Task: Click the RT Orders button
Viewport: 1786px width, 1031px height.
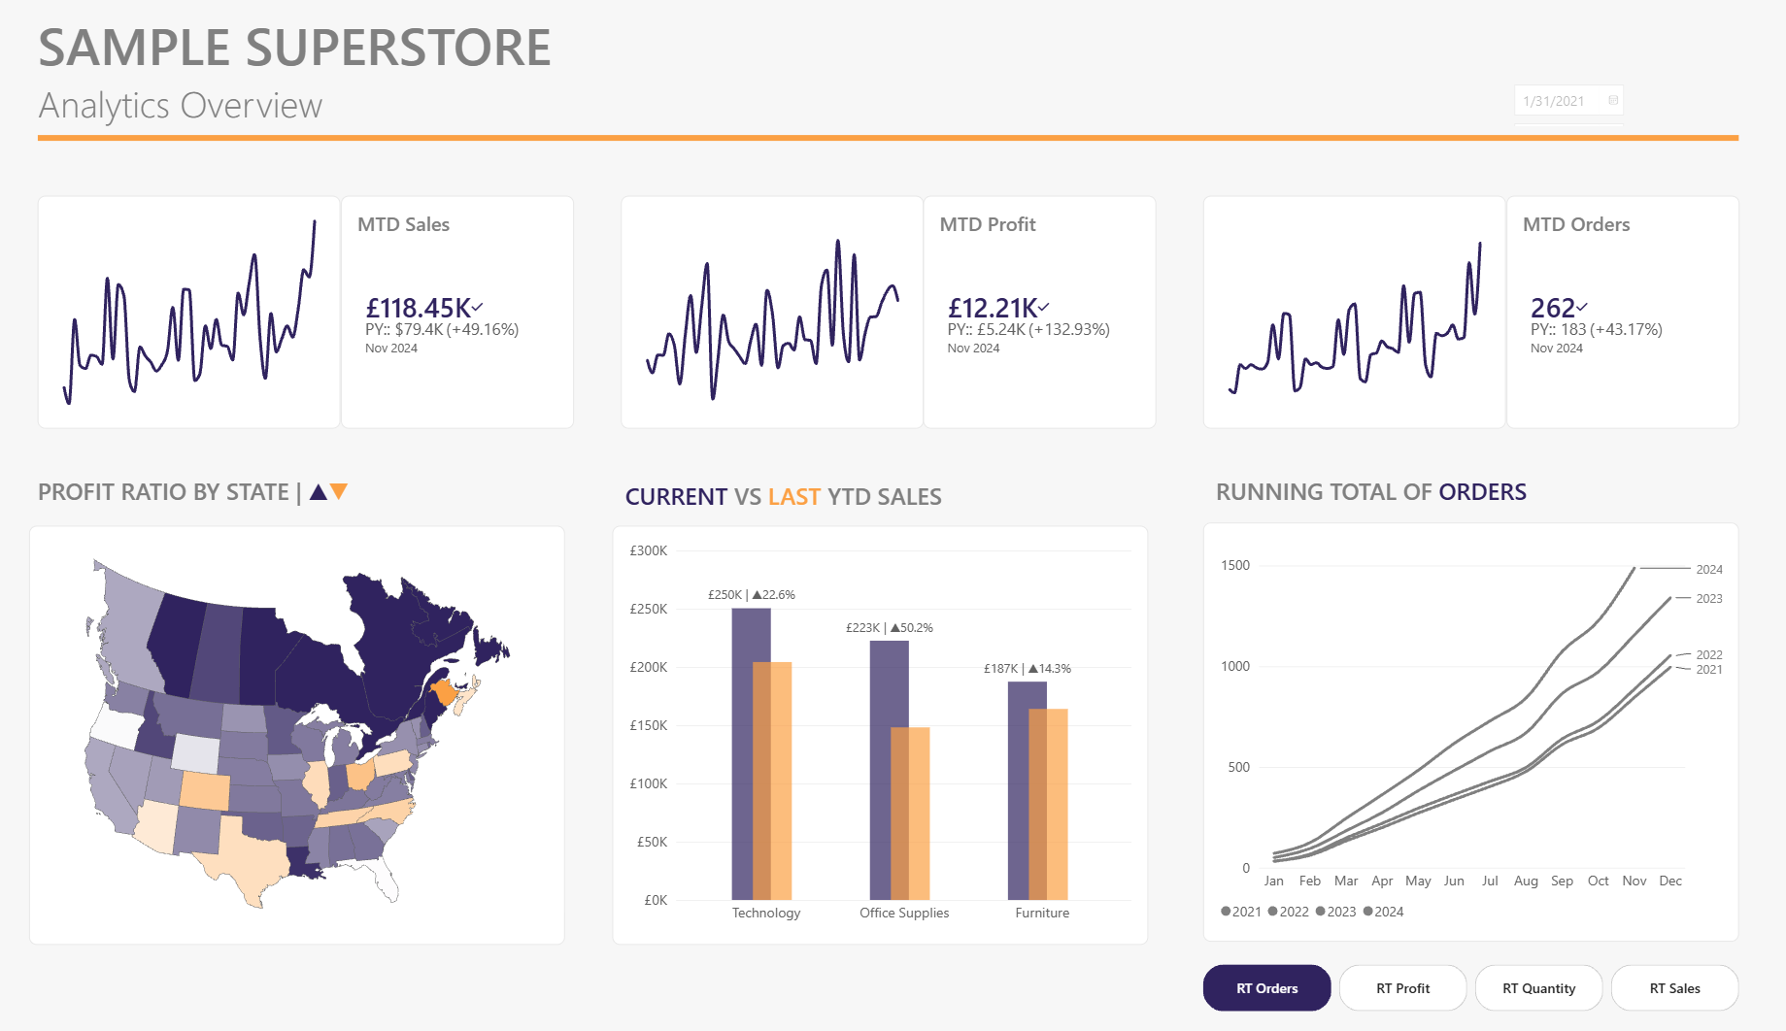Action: pos(1266,988)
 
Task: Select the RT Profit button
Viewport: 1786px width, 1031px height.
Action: pos(1402,988)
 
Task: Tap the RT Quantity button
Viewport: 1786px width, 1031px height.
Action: pos(1538,988)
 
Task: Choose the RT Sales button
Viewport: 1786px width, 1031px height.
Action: pos(1674,988)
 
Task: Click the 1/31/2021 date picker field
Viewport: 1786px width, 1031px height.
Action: pos(1568,101)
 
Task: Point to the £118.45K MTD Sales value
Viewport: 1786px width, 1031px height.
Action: pos(419,308)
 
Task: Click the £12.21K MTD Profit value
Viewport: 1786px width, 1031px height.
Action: pos(993,308)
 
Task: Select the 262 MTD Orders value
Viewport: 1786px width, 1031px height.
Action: pos(1552,308)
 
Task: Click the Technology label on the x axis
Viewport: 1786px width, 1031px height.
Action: pos(766,913)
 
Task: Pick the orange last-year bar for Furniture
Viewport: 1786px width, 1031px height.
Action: pos(1049,804)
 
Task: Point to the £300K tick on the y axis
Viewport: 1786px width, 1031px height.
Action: pos(649,550)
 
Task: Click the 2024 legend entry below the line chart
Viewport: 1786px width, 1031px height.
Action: pos(1384,912)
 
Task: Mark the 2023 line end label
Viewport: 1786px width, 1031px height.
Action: pos(1709,599)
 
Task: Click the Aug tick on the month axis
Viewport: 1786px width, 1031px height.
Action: pos(1526,881)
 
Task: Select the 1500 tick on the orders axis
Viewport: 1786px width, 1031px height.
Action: pos(1235,565)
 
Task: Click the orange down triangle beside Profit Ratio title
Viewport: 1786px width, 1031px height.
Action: pos(339,491)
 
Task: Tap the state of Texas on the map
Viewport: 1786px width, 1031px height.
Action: pos(248,854)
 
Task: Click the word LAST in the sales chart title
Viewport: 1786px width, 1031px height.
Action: pos(794,497)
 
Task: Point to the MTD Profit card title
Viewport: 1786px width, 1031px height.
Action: pos(988,224)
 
